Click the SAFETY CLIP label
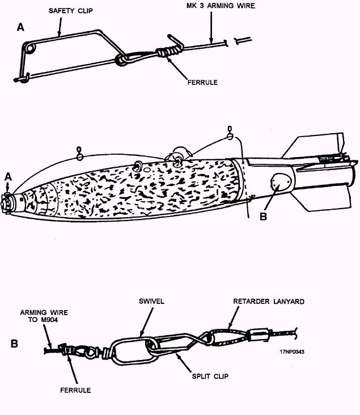[x=71, y=11]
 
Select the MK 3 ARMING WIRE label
[x=221, y=6]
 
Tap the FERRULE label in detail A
[x=202, y=82]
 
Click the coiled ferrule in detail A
[x=169, y=50]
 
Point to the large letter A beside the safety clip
[x=20, y=27]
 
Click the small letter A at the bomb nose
[x=8, y=177]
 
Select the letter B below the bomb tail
[x=263, y=217]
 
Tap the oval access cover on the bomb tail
[x=281, y=182]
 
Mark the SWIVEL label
[x=151, y=301]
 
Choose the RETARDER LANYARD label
[x=269, y=302]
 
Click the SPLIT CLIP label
[x=210, y=376]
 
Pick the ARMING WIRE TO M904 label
[x=44, y=316]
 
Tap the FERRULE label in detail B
[x=75, y=390]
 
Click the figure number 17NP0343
[x=292, y=352]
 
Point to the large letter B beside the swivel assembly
[x=14, y=344]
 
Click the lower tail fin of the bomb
[x=321, y=198]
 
